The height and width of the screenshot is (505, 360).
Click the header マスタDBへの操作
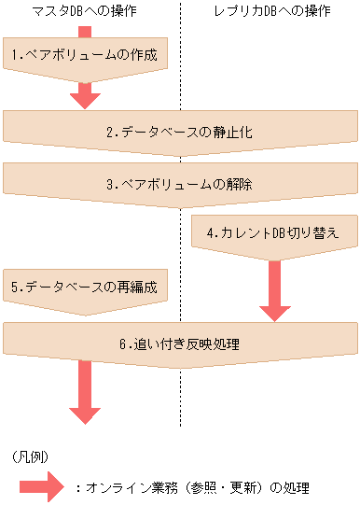click(x=85, y=12)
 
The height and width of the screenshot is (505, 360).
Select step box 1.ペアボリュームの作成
click(x=85, y=56)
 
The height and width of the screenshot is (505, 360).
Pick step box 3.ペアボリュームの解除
click(x=179, y=185)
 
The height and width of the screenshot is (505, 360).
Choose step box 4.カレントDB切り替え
click(x=274, y=232)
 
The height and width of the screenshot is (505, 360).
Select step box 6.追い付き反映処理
click(x=179, y=344)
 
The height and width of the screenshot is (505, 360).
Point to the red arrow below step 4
click(x=274, y=289)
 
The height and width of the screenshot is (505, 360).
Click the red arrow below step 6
click(x=85, y=397)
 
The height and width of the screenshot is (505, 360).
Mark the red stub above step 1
click(x=85, y=32)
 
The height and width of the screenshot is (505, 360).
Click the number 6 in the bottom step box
click(x=121, y=344)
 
